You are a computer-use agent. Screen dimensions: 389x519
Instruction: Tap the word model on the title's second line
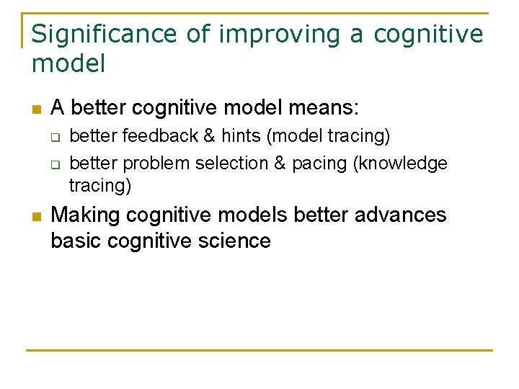[x=68, y=63]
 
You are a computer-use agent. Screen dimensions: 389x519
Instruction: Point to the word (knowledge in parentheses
[x=400, y=164]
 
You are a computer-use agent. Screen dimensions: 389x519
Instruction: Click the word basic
[x=76, y=241]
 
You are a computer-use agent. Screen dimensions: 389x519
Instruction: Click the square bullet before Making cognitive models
[x=35, y=216]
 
